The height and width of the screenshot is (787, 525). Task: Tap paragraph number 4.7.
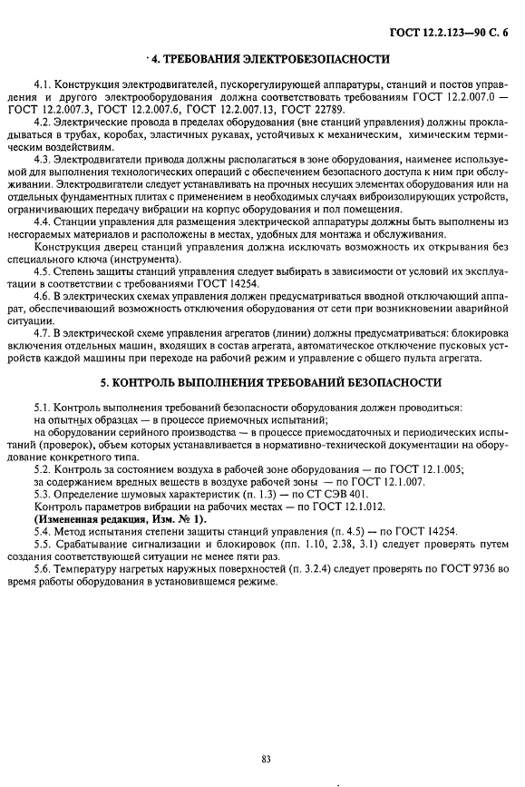(42, 333)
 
